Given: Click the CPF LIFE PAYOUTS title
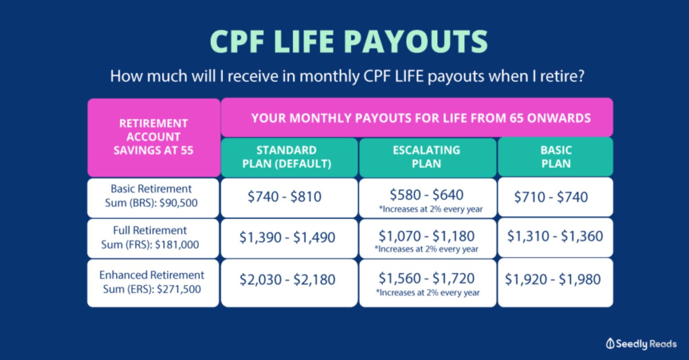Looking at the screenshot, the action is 349,41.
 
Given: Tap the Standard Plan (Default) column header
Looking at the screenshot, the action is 289,157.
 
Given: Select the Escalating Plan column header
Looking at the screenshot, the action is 428,157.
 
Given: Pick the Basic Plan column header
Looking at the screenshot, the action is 555,157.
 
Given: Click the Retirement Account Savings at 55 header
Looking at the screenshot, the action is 154,138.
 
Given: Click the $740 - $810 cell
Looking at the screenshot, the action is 289,198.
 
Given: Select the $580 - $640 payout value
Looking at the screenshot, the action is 427,195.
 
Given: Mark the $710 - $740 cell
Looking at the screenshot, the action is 555,197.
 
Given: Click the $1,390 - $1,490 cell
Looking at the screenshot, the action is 289,238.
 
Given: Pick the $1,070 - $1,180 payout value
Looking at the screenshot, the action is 427,236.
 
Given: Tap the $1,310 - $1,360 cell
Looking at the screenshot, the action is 555,237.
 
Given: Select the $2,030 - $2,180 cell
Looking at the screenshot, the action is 289,283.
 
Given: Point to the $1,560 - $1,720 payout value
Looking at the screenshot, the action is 427,279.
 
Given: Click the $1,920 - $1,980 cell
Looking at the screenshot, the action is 555,283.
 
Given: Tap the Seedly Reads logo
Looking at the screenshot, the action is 641,344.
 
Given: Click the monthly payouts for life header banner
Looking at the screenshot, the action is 417,117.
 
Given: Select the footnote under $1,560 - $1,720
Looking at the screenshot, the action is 428,292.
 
